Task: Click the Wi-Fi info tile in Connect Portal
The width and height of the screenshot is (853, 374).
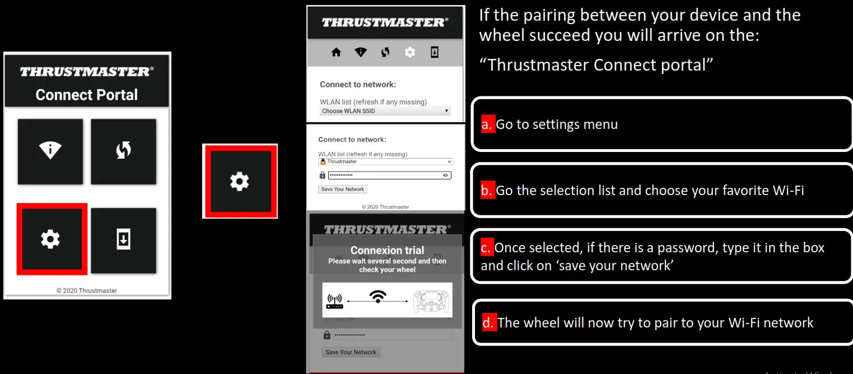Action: pos(50,151)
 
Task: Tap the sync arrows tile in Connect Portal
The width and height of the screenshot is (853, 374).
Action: pos(124,151)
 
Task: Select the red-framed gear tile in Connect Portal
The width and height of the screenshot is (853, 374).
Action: pos(51,239)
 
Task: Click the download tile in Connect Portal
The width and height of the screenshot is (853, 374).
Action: pos(124,240)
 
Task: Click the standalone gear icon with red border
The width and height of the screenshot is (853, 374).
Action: pos(240,181)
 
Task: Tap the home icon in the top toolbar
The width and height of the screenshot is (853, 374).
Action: pos(336,52)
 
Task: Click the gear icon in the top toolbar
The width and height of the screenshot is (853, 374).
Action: pos(410,52)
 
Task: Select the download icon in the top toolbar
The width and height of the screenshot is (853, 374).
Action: pos(435,52)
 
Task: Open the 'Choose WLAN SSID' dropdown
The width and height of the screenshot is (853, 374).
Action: pos(385,111)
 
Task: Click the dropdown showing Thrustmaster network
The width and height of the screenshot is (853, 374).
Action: pos(385,161)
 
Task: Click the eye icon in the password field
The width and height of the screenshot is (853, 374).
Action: pos(446,176)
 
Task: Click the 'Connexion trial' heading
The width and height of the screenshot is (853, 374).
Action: pos(387,251)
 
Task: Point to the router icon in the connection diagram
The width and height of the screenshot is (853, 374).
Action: pos(334,302)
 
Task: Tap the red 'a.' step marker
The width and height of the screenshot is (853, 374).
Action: pos(487,124)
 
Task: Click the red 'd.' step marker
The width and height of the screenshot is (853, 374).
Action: pos(488,322)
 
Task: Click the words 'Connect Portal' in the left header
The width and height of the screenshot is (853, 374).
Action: pos(86,95)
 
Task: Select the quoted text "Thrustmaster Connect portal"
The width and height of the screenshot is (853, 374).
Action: pos(596,65)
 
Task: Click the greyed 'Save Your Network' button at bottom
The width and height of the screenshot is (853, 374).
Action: pos(351,352)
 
